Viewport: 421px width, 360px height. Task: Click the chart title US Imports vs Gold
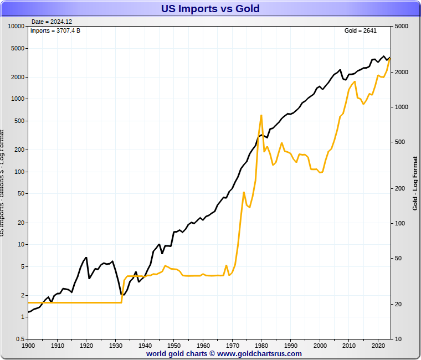pyautogui.click(x=210, y=8)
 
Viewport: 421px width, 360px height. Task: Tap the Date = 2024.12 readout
pyautogui.click(x=52, y=22)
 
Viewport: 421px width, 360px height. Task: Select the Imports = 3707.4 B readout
pyautogui.click(x=55, y=30)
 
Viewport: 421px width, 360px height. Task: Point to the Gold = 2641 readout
pyautogui.click(x=361, y=30)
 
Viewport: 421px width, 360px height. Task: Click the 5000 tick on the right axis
pyautogui.click(x=402, y=26)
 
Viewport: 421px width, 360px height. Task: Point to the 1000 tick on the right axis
pyautogui.click(x=402, y=107)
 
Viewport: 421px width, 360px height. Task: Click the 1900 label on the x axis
pyautogui.click(x=28, y=345)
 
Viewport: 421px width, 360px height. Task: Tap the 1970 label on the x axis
pyautogui.click(x=233, y=345)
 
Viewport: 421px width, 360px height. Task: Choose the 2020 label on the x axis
pyautogui.click(x=378, y=345)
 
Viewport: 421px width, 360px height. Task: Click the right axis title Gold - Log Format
pyautogui.click(x=415, y=183)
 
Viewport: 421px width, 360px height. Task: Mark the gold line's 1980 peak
pyautogui.click(x=261, y=115)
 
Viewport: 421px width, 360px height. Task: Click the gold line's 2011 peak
pyautogui.click(x=355, y=81)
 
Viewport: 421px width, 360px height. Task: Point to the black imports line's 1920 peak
pyautogui.click(x=86, y=257)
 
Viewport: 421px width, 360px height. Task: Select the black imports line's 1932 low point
pyautogui.click(x=123, y=295)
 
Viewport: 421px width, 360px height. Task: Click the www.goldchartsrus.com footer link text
pyautogui.click(x=259, y=353)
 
